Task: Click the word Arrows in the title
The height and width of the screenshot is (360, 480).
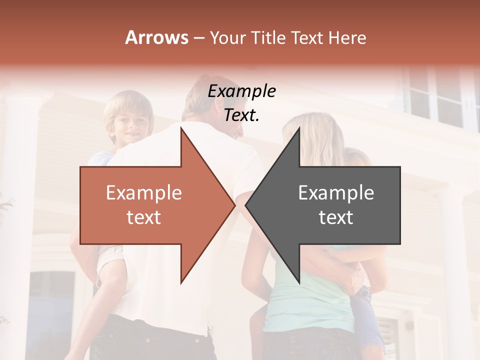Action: pos(156,37)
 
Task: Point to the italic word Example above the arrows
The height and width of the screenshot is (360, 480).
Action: pos(241,92)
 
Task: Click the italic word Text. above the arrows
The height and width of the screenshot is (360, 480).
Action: pos(241,115)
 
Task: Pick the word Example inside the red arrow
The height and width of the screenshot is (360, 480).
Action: pos(143,193)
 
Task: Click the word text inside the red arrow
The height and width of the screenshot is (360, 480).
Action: pos(143,217)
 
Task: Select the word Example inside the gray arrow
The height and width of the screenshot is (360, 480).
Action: pos(336,193)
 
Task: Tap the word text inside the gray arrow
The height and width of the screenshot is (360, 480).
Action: pos(336,217)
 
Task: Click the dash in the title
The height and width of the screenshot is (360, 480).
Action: pos(198,38)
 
